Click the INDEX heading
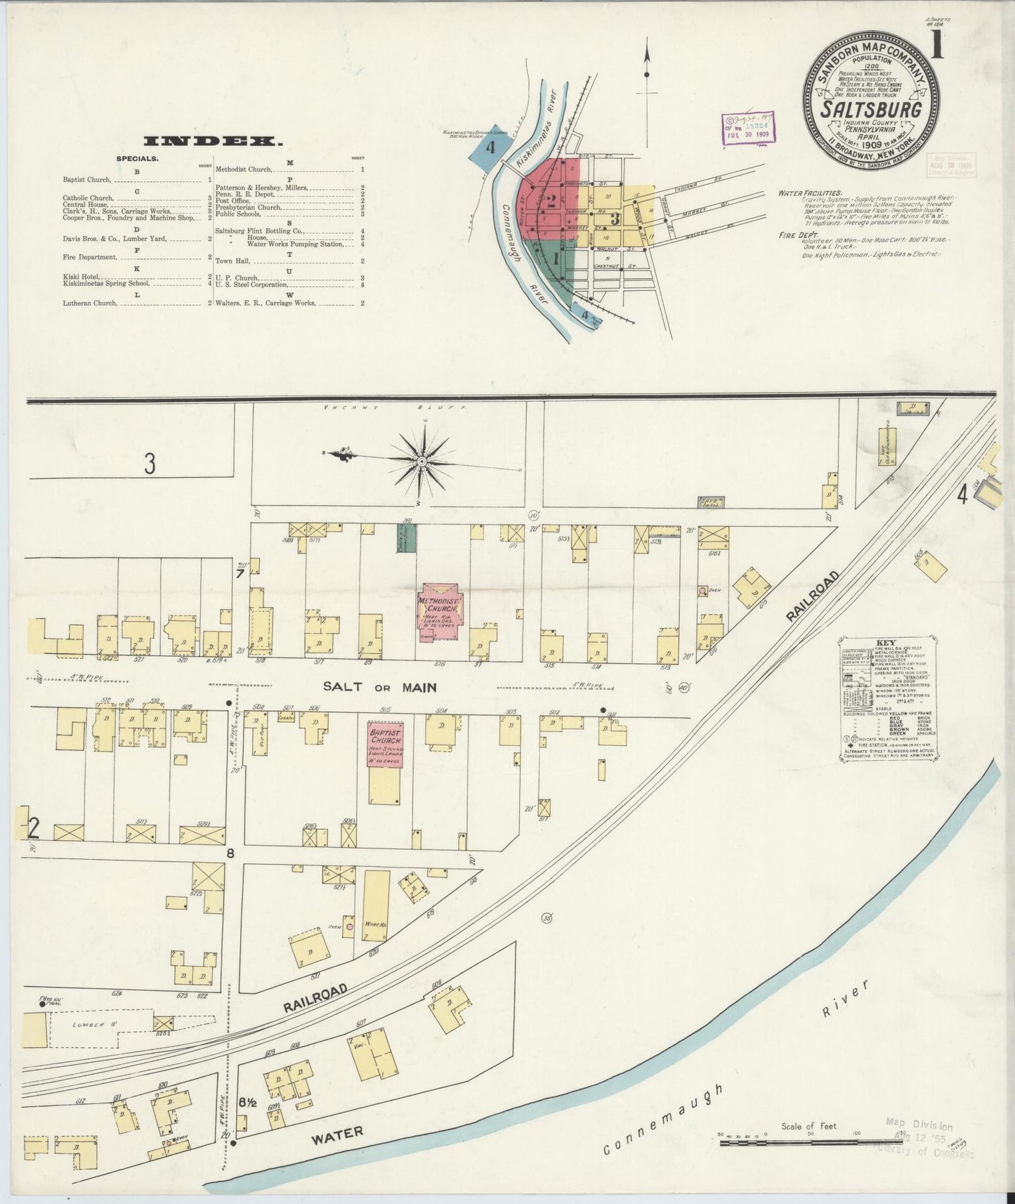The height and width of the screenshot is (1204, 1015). click(x=213, y=142)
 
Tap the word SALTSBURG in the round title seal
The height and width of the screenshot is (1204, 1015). click(x=871, y=111)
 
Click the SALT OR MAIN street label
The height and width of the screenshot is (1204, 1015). click(x=380, y=687)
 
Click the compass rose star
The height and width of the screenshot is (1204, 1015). click(x=421, y=462)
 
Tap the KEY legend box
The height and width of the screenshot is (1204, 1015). click(x=886, y=700)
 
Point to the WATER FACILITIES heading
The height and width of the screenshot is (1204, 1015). click(x=810, y=192)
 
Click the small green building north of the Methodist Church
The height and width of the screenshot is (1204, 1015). click(x=407, y=537)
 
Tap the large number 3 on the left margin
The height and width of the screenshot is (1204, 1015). click(x=149, y=464)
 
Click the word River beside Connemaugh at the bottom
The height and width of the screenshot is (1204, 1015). click(x=846, y=1000)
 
